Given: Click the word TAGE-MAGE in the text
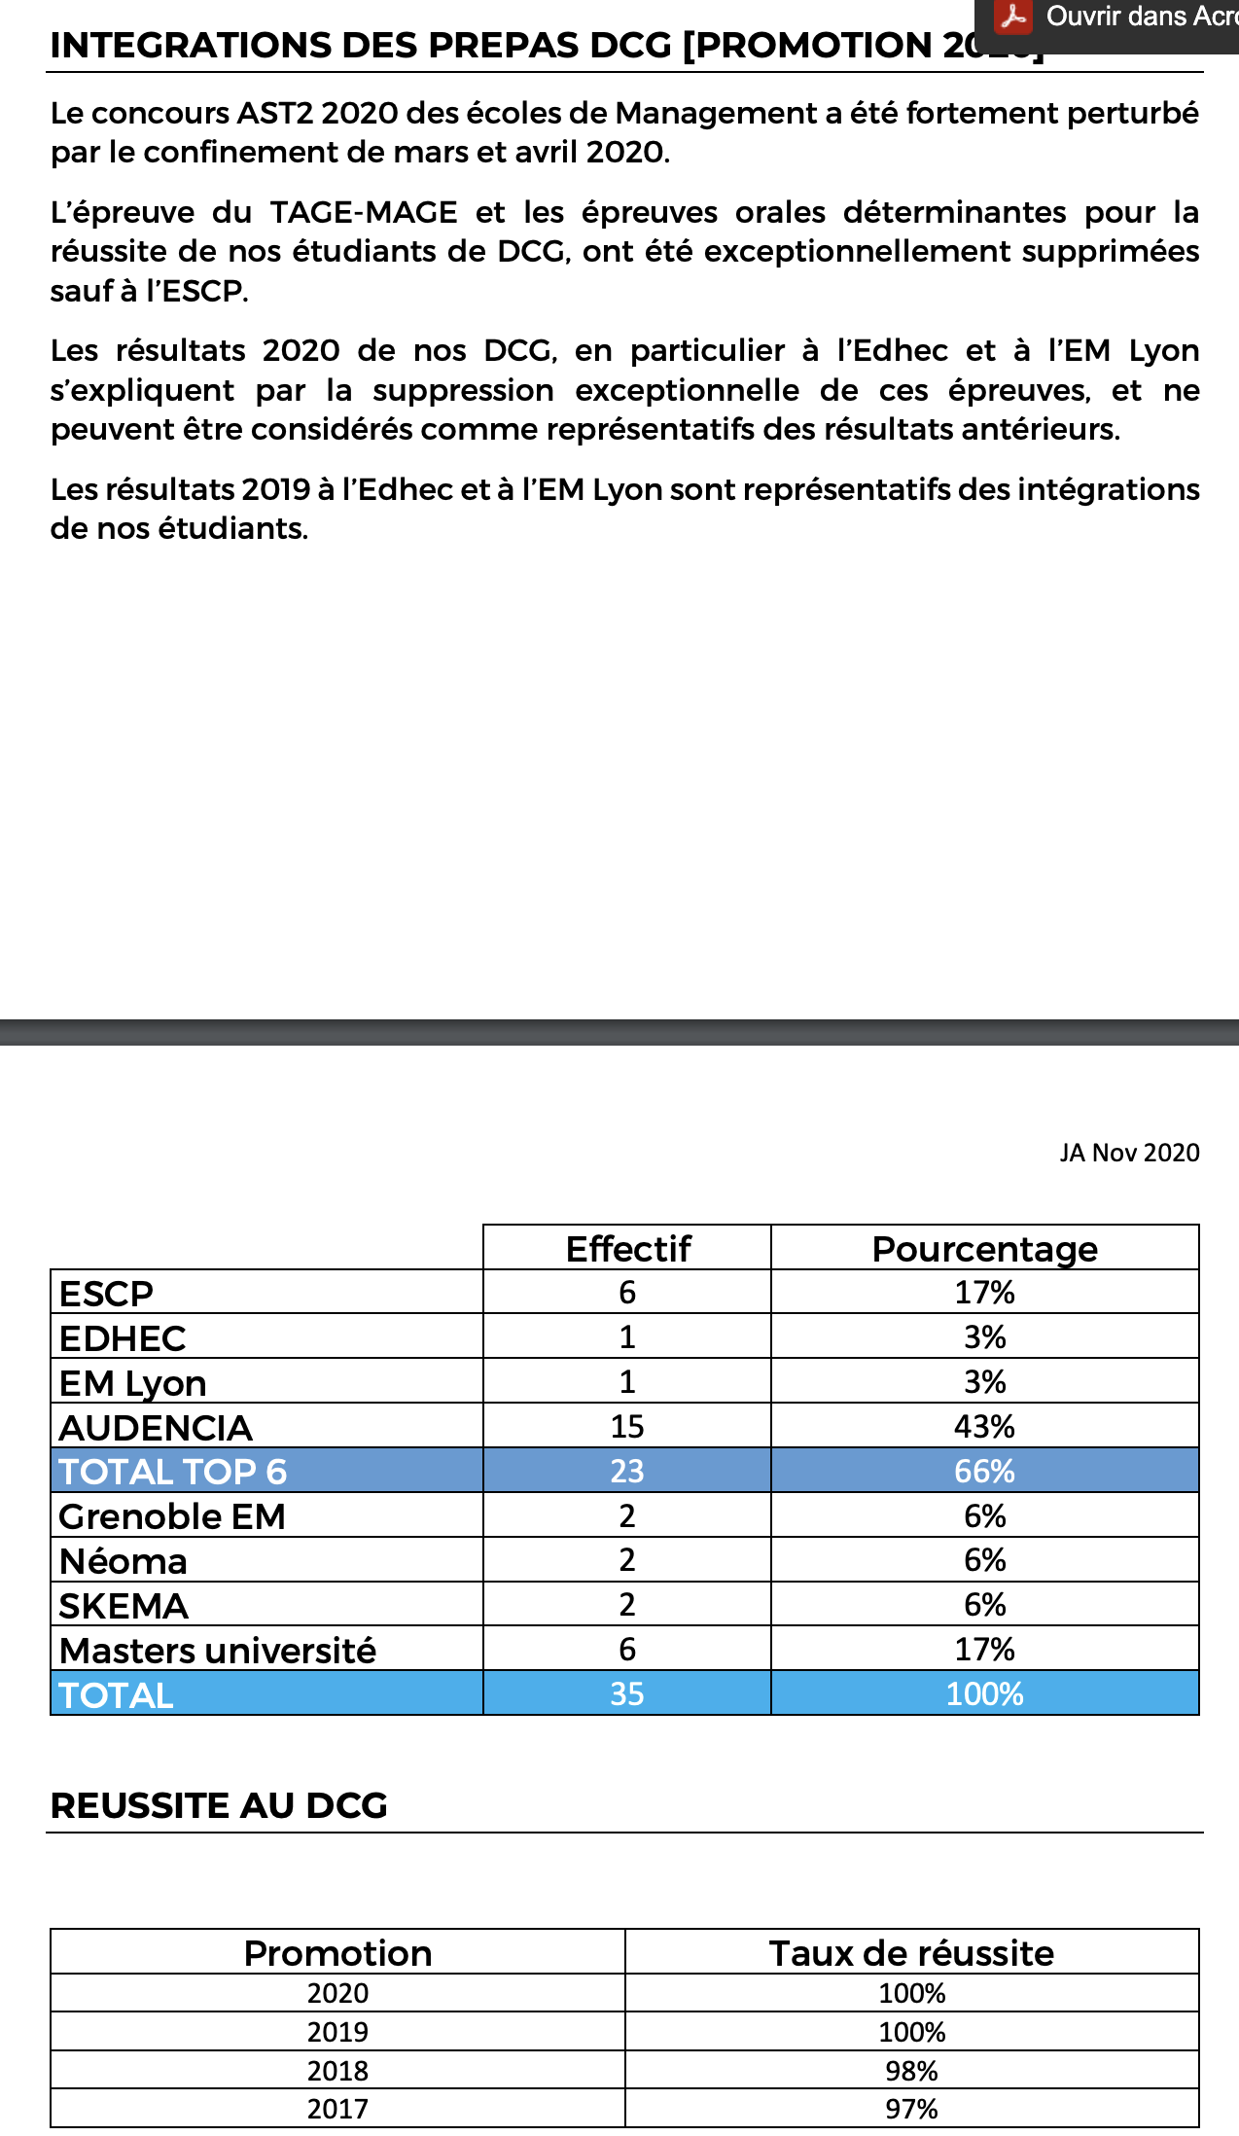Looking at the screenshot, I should (364, 212).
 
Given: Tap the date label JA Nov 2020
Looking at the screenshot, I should (1129, 1153).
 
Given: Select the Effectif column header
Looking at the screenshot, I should (627, 1248).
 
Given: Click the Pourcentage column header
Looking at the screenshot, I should (984, 1248).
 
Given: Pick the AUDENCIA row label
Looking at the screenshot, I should (156, 1427).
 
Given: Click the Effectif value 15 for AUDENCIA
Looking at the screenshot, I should (627, 1427).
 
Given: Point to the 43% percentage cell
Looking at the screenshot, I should (984, 1427).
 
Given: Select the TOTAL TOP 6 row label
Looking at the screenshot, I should (173, 1472).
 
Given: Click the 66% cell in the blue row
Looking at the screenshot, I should (984, 1472).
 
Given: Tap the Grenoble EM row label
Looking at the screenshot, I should (172, 1516).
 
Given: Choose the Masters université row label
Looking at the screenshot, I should (218, 1651).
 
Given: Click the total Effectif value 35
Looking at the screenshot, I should (627, 1694).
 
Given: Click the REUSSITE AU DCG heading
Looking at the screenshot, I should (219, 1805).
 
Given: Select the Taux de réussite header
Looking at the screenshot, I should (911, 1953).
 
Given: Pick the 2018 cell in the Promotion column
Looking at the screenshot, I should (337, 2071).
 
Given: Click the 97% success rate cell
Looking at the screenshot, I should (911, 2109).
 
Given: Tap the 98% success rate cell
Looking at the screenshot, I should (911, 2071).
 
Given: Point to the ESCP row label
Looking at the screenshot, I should (106, 1294).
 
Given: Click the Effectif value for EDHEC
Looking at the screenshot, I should (627, 1337).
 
